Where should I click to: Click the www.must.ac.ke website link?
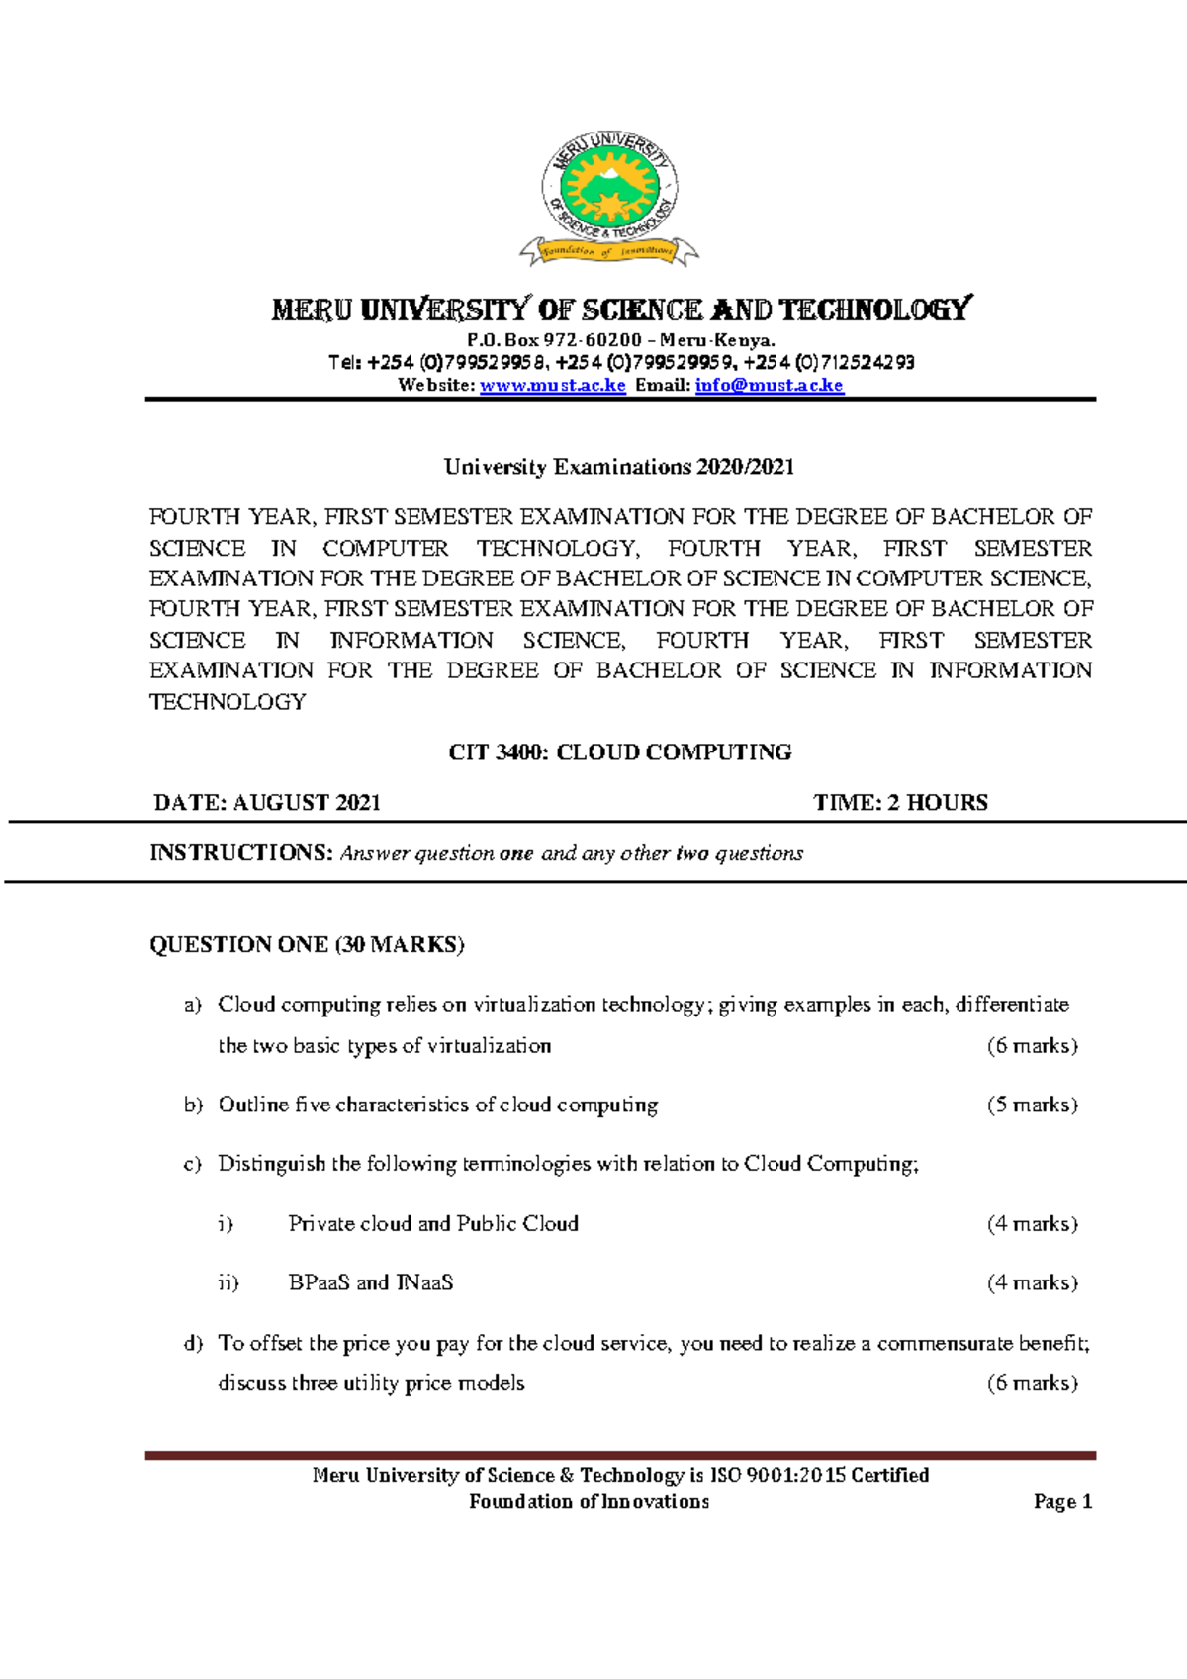[x=552, y=385]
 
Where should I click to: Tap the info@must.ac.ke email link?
[x=769, y=385]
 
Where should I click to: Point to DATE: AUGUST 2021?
[x=267, y=803]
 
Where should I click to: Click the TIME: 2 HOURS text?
[x=900, y=803]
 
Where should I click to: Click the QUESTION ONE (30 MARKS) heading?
[x=307, y=945]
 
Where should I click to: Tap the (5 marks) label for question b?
[x=1032, y=1105]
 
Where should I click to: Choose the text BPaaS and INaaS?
[x=371, y=1282]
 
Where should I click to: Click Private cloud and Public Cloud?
[x=433, y=1224]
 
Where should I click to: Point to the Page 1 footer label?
[x=1062, y=1502]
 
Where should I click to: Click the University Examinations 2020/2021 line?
[x=619, y=467]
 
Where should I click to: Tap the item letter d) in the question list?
[x=193, y=1343]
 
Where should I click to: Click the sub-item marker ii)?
[x=228, y=1282]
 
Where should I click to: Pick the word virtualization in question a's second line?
[x=489, y=1046]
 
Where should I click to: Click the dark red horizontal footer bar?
[x=620, y=1456]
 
